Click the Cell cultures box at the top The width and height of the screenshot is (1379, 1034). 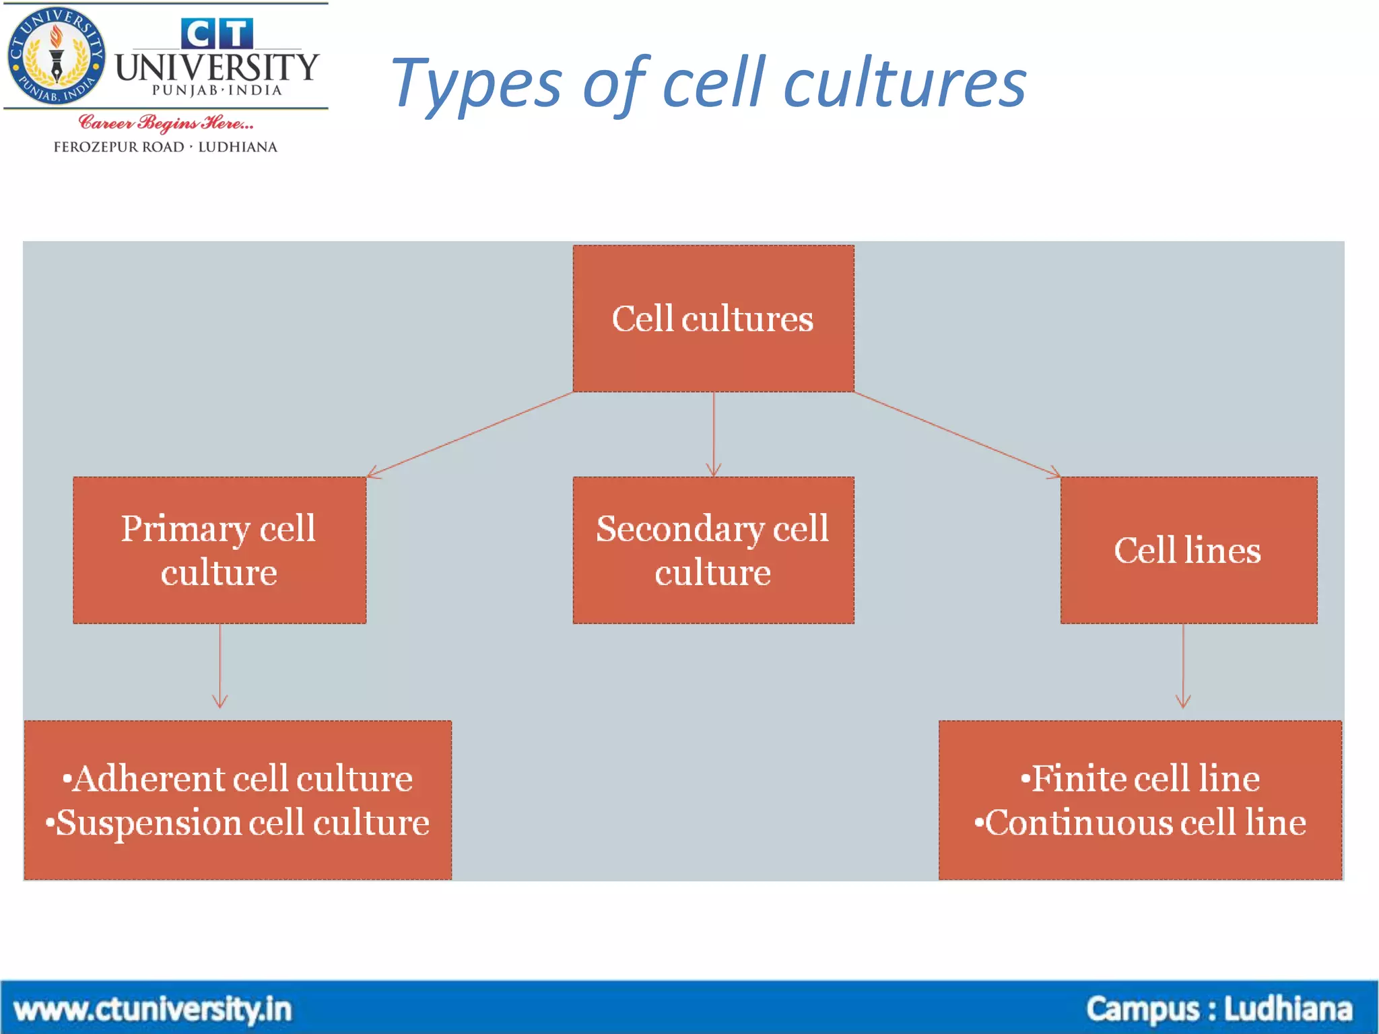[713, 318]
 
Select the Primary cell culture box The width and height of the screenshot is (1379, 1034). [220, 550]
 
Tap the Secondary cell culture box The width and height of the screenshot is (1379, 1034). [713, 550]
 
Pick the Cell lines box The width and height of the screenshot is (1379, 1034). [1188, 550]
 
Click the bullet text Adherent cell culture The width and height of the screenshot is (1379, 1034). [238, 779]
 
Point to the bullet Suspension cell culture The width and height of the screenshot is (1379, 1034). [238, 823]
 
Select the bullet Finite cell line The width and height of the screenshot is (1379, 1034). [1140, 779]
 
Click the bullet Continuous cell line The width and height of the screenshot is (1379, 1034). [1140, 823]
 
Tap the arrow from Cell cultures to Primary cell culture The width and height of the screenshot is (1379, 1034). [470, 435]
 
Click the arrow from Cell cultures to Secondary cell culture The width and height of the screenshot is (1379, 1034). [714, 434]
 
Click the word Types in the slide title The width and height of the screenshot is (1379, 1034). [476, 84]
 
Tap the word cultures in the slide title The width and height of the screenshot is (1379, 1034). [905, 84]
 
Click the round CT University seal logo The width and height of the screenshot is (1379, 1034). [57, 57]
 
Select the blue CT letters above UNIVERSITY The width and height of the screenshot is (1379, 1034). [217, 34]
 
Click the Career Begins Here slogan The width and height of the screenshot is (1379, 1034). [166, 123]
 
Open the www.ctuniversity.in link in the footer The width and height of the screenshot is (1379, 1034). [153, 1010]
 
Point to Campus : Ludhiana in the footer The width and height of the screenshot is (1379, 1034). [1219, 1010]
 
